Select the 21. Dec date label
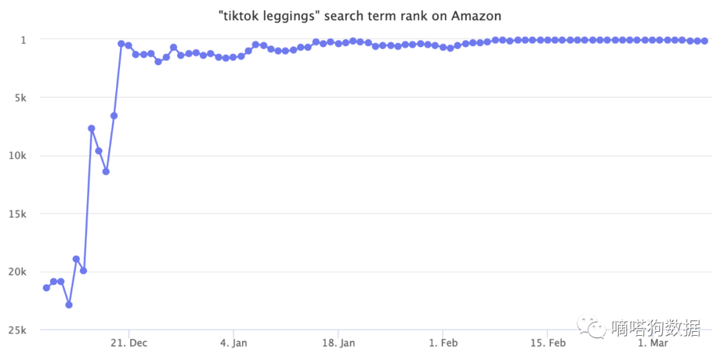129,343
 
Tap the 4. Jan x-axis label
233,343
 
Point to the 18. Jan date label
338,343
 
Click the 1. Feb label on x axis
443,343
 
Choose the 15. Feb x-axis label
548,343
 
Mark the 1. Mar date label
652,343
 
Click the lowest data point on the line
68,304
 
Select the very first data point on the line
46,288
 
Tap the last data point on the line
705,41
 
